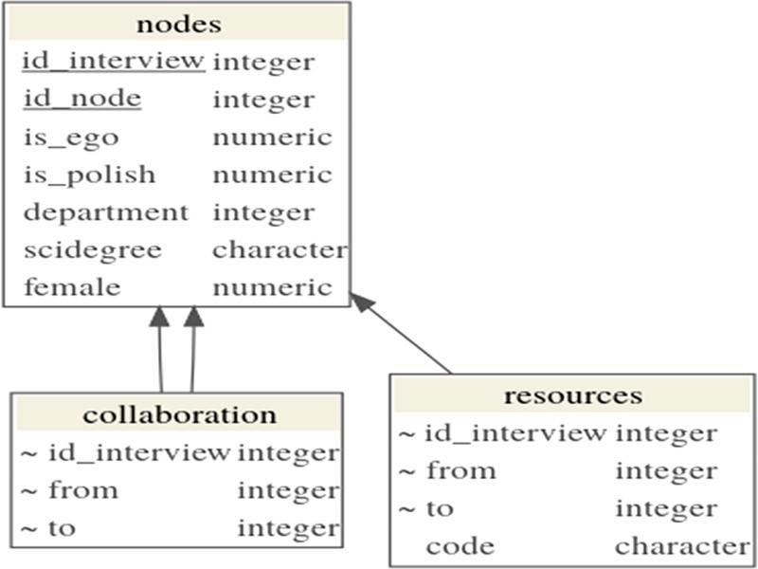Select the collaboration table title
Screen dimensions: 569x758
point(179,414)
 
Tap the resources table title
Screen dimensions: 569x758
point(572,395)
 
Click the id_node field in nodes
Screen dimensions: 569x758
point(81,99)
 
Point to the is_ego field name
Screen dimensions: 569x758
point(71,138)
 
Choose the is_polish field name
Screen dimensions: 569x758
point(89,175)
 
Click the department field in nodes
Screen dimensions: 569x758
point(105,212)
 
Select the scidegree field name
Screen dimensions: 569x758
point(92,250)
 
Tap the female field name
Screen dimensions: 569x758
point(72,287)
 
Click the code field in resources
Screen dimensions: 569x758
point(460,546)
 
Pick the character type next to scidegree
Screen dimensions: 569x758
point(279,250)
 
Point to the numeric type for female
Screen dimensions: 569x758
point(272,287)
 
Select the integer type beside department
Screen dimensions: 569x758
point(262,212)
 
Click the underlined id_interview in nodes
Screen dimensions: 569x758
point(114,62)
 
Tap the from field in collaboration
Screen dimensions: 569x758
point(82,490)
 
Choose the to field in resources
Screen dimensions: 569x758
point(440,508)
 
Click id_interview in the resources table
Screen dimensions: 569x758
point(515,433)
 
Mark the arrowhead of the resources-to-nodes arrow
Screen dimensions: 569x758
point(360,301)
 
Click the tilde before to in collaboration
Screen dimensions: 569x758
point(29,528)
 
